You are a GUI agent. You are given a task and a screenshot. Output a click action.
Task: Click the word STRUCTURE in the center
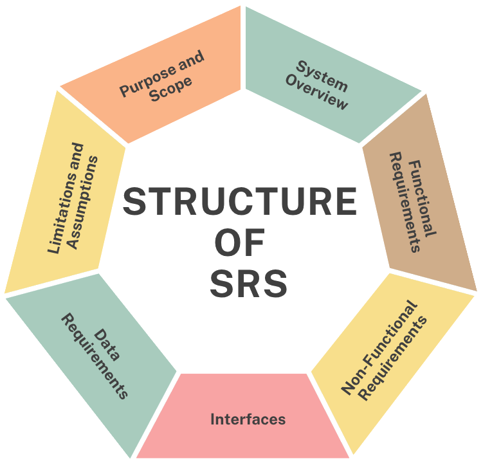(239, 201)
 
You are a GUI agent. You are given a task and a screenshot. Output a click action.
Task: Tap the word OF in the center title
(239, 242)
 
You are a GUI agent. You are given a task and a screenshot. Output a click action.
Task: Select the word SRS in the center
(248, 284)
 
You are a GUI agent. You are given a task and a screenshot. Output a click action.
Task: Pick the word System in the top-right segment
(321, 75)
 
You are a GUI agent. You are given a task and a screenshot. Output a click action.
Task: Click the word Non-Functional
(379, 348)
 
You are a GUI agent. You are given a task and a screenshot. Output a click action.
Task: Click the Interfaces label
(248, 419)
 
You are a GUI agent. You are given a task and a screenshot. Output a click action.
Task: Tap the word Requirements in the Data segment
(94, 356)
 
